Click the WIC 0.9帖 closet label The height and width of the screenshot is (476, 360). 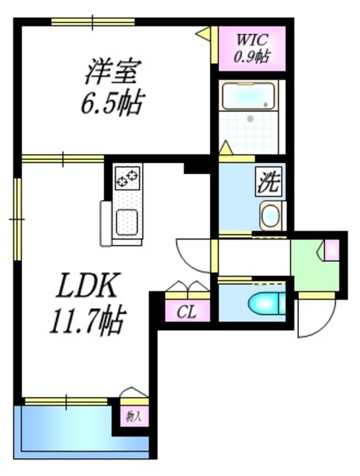(252, 47)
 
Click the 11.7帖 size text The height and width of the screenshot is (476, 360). (83, 321)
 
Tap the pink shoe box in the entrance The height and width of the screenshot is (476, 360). (332, 249)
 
